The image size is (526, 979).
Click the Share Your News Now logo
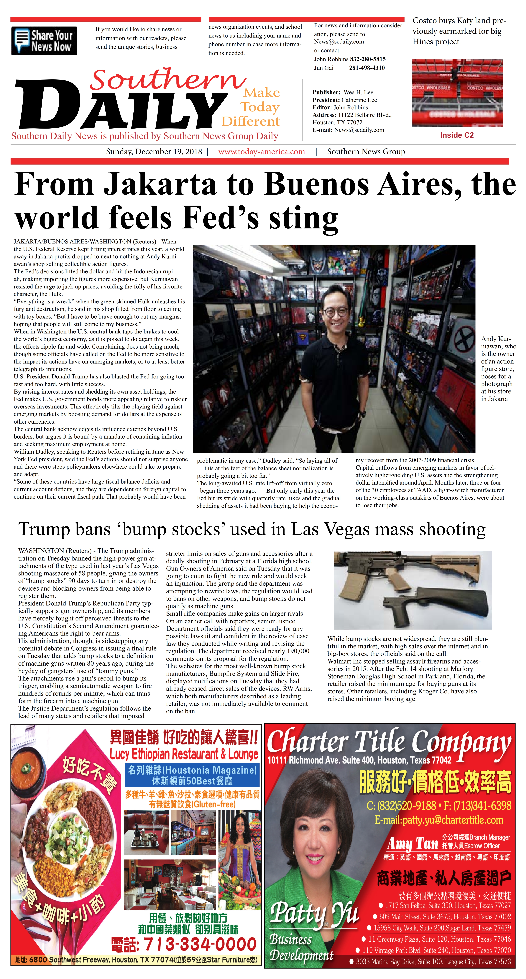44,41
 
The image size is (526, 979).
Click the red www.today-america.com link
262,152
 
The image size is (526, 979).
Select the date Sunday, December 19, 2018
154,152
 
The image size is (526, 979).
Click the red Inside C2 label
457,135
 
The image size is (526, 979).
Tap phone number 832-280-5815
367,59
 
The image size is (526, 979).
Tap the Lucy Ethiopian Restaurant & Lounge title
184,754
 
